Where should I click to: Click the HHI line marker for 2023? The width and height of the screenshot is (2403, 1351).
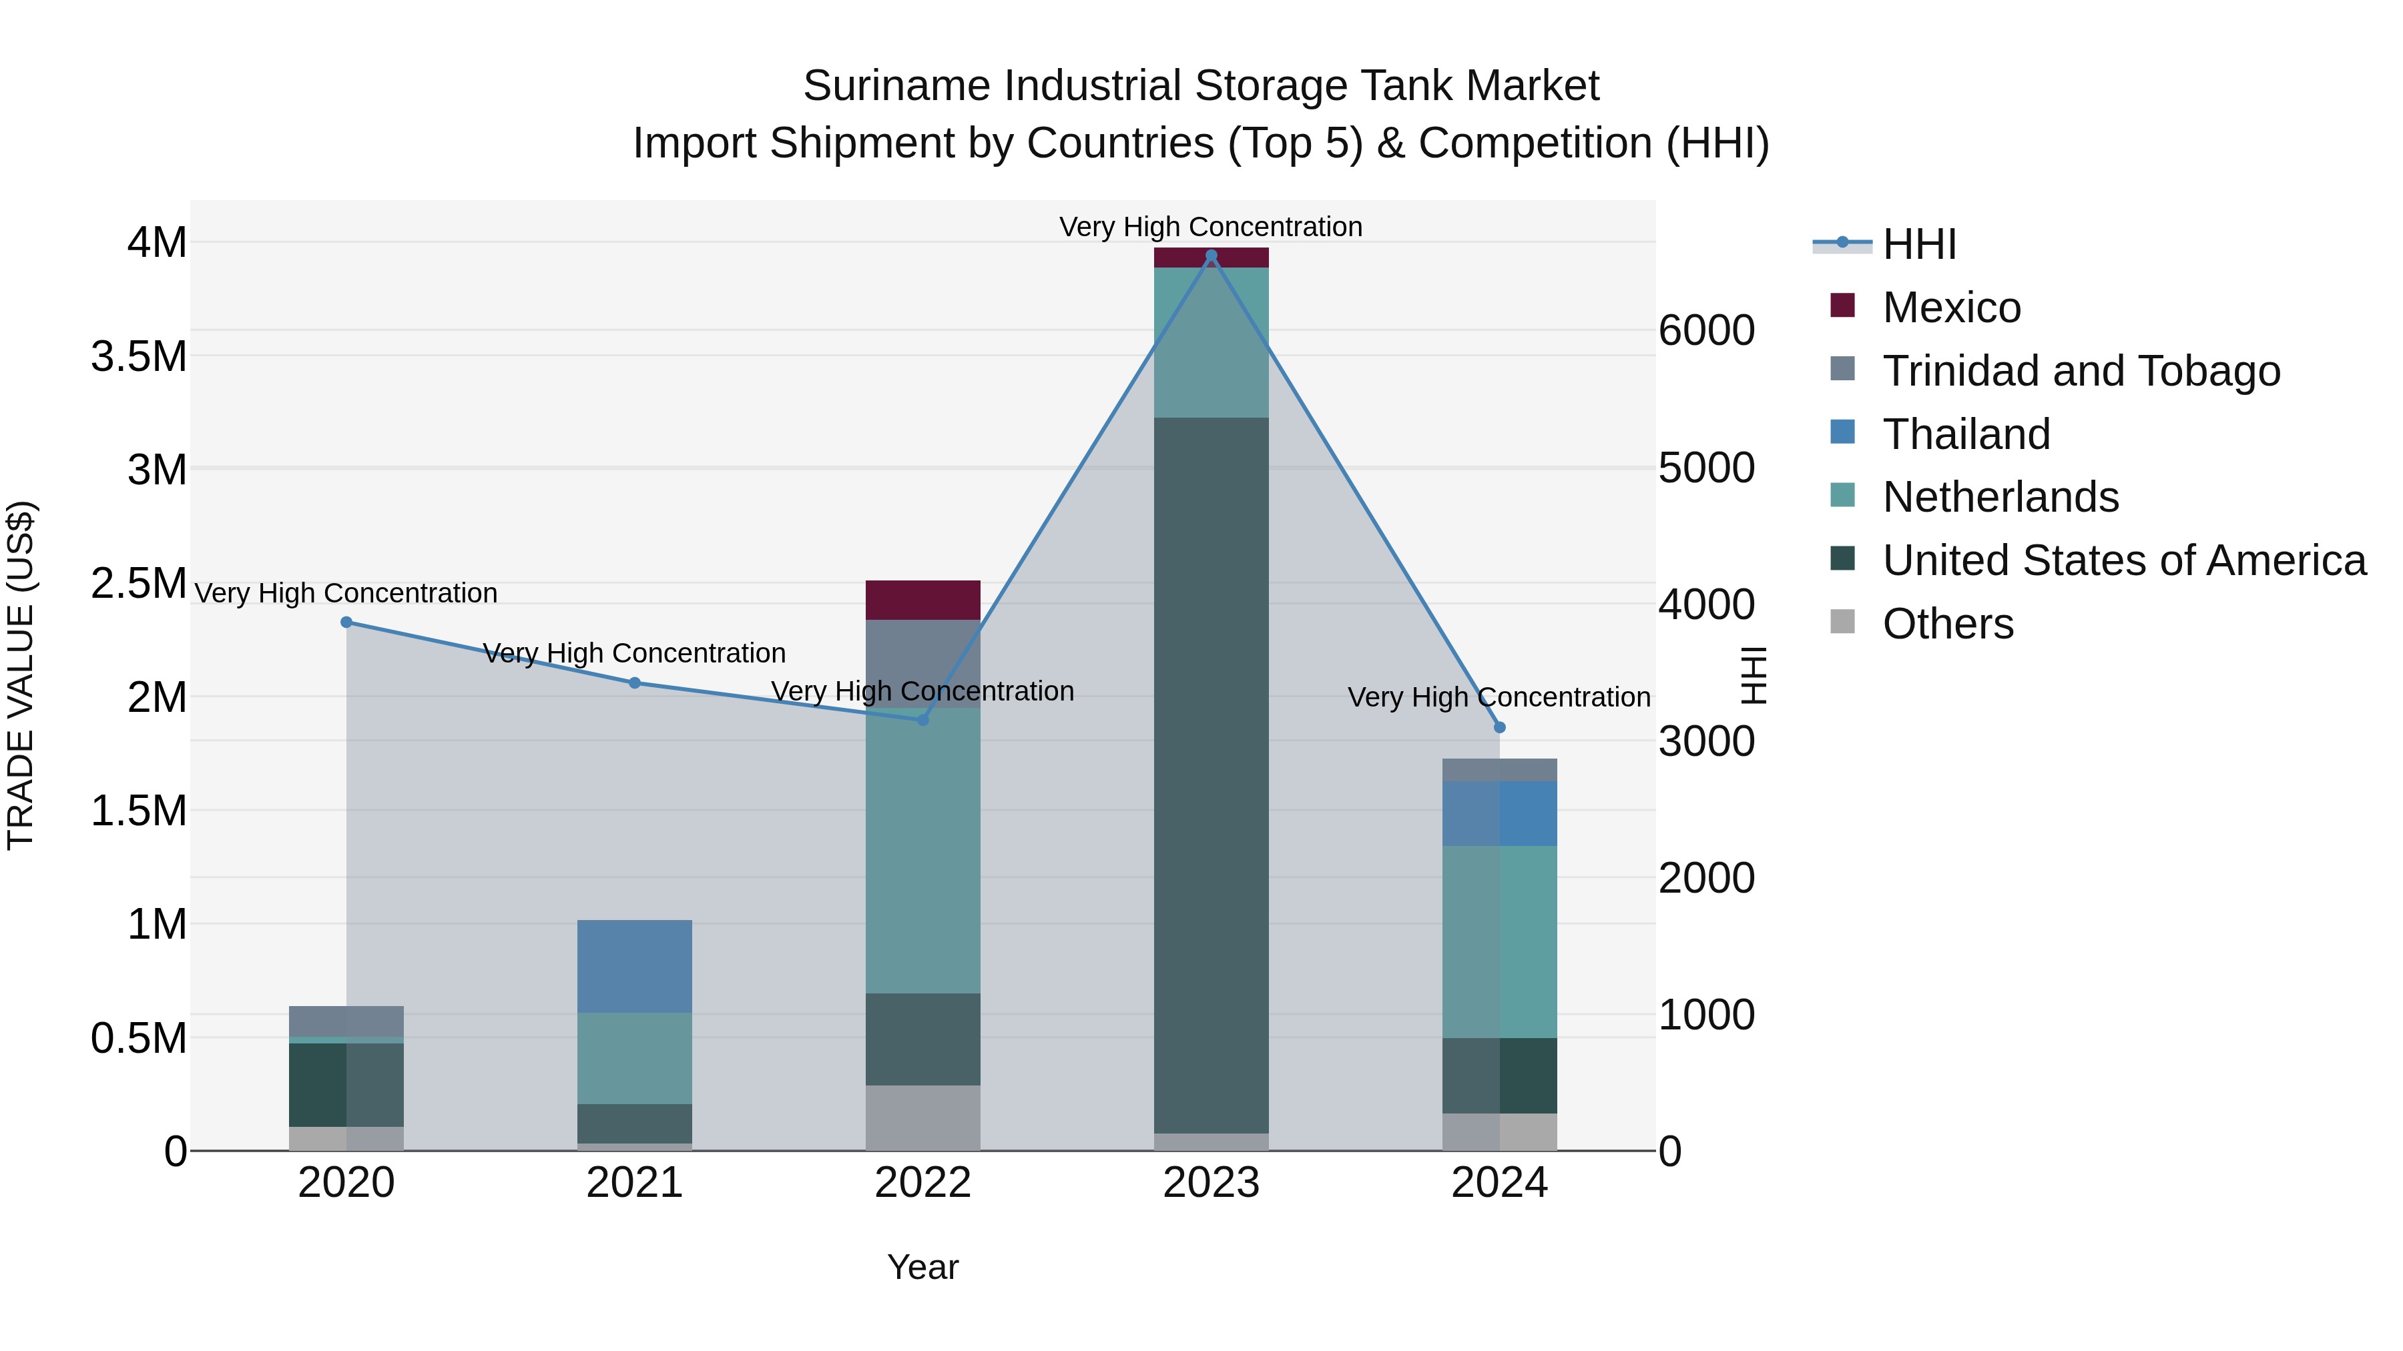pyautogui.click(x=1211, y=256)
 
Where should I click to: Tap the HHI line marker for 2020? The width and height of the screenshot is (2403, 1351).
pyautogui.click(x=346, y=622)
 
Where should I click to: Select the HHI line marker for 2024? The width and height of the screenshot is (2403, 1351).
pyautogui.click(x=1499, y=727)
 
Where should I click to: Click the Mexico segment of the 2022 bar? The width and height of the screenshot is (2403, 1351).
pyautogui.click(x=922, y=600)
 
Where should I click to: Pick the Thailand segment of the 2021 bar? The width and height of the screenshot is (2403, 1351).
pyautogui.click(x=634, y=966)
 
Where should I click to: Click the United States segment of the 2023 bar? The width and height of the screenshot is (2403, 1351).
pyautogui.click(x=1211, y=774)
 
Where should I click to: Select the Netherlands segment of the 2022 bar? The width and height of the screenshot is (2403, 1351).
pyautogui.click(x=922, y=849)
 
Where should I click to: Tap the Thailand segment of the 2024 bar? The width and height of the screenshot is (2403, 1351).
pyautogui.click(x=1499, y=813)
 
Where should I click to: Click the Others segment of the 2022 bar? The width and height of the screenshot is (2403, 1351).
pyautogui.click(x=922, y=1117)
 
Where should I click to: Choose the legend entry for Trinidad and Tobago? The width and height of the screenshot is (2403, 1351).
pyautogui.click(x=2080, y=370)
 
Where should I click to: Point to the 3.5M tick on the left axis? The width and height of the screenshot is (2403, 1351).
pyautogui.click(x=139, y=356)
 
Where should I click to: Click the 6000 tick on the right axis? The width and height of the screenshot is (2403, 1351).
pyautogui.click(x=1706, y=330)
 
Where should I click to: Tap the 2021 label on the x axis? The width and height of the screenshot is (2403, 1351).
pyautogui.click(x=634, y=1183)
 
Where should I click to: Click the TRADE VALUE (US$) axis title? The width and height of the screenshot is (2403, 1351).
pyautogui.click(x=21, y=675)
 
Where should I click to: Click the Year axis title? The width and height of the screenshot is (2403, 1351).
pyautogui.click(x=922, y=1267)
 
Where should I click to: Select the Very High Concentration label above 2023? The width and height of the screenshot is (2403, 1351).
pyautogui.click(x=1210, y=227)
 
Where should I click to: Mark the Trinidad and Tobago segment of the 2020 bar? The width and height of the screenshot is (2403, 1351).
pyautogui.click(x=346, y=1021)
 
